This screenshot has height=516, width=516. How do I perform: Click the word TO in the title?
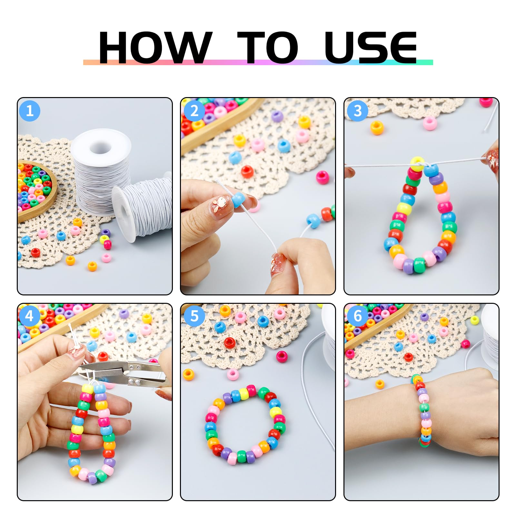pos(268,47)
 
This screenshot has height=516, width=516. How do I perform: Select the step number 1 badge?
pos(30,111)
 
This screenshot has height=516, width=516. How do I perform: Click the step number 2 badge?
pos(194,111)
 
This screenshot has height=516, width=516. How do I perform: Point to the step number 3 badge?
pos(358,111)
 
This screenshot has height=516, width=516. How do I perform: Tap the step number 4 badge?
pos(30,316)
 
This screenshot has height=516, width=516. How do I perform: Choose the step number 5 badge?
pos(194,316)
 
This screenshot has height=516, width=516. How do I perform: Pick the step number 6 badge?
pos(358,316)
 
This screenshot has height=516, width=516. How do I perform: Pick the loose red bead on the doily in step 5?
pos(230,342)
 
